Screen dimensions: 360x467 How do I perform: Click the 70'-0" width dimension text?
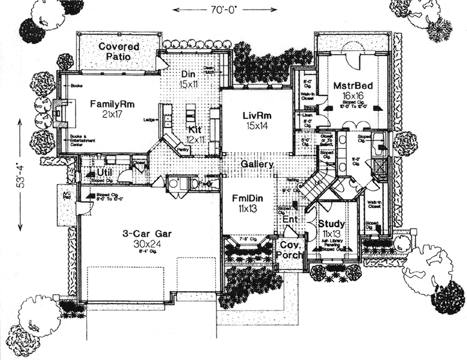click(x=207, y=10)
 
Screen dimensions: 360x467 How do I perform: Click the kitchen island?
click(x=191, y=117)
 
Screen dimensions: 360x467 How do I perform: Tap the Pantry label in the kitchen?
click(x=183, y=149)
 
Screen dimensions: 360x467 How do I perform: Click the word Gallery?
click(x=258, y=165)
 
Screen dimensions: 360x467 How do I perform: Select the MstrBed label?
click(x=350, y=85)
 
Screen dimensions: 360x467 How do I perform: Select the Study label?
click(x=331, y=223)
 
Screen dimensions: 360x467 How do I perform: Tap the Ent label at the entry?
click(x=291, y=220)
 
